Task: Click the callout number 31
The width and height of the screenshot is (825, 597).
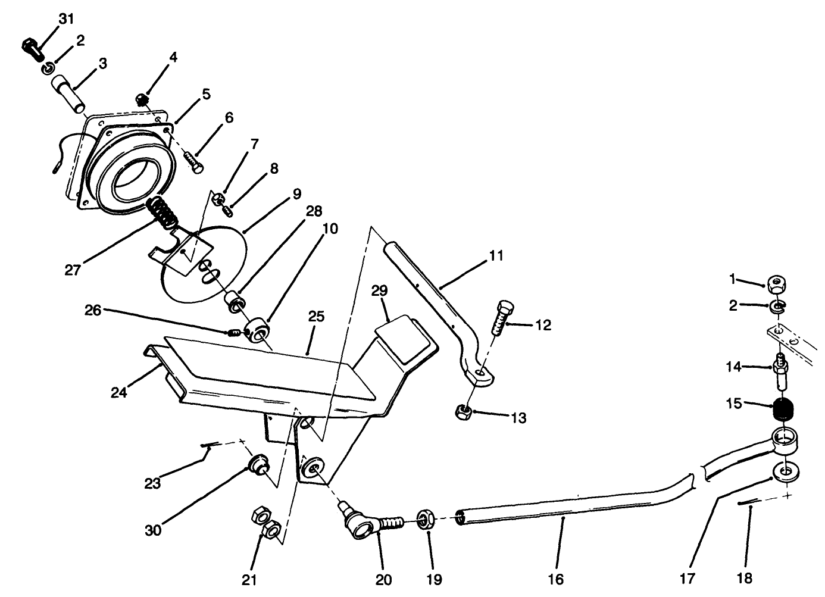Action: pos(66,19)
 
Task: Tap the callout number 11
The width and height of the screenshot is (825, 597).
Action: pos(496,256)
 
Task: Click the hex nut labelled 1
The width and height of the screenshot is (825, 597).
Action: pos(776,283)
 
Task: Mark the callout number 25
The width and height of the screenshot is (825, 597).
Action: pos(316,317)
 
